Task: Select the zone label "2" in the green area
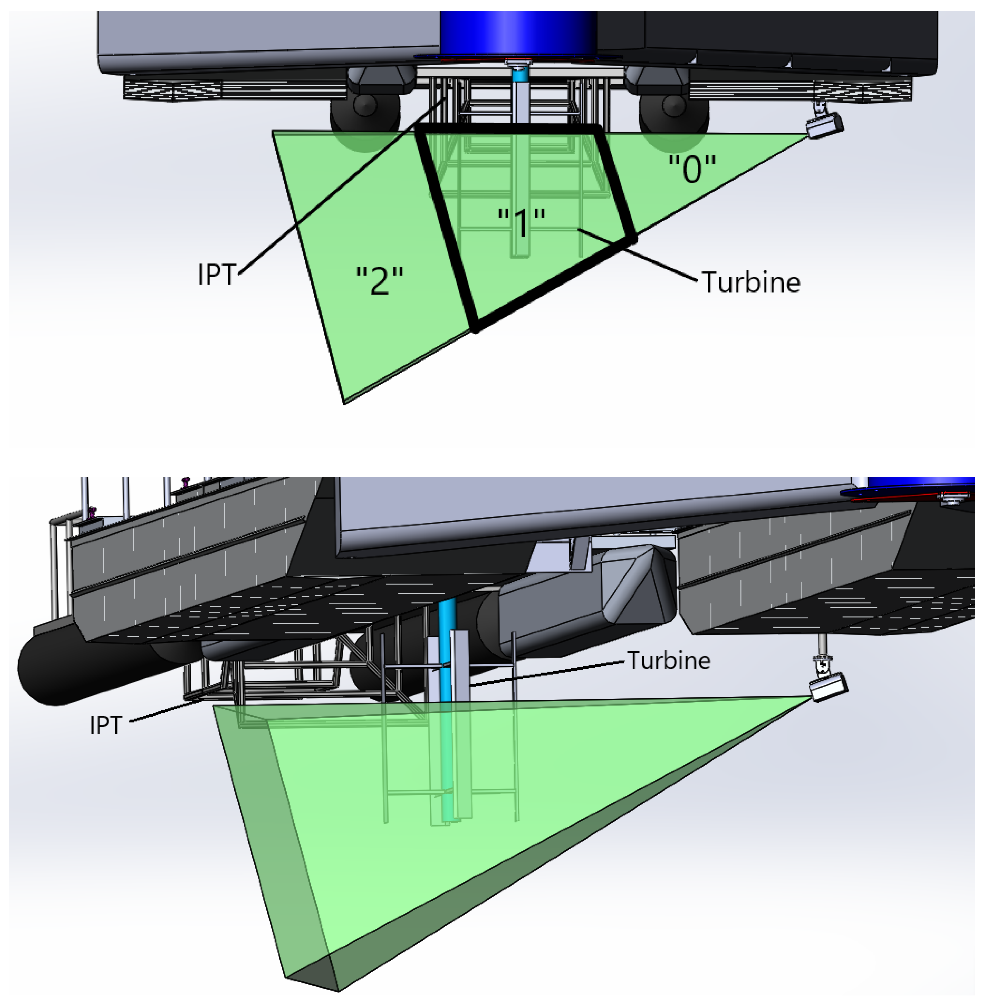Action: coord(380,281)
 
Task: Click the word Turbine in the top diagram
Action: coord(750,283)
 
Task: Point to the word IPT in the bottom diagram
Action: coord(106,725)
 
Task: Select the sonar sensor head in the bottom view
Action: coord(828,686)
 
